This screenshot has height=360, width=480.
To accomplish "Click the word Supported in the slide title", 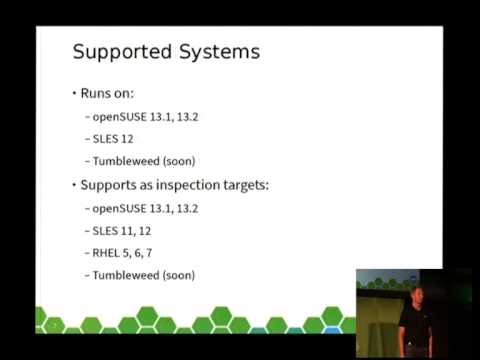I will click(120, 53).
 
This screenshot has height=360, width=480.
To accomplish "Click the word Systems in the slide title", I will click(215, 53).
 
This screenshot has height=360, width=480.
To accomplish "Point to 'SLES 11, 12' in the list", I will click(125, 231).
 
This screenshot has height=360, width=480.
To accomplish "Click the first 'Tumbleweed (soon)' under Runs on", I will click(143, 159).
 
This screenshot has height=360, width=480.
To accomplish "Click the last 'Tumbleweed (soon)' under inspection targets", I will click(143, 275).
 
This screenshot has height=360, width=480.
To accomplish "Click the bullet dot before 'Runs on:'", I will click(73, 93).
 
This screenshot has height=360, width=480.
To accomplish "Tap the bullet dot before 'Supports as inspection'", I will click(73, 185).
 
